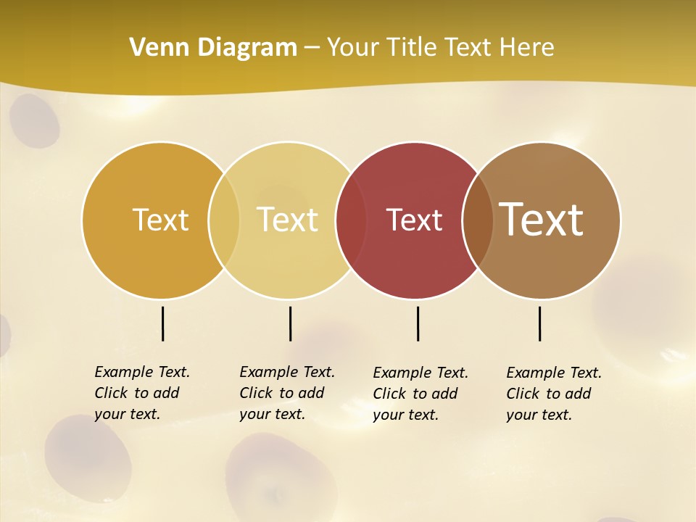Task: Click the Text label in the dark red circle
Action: [x=414, y=220]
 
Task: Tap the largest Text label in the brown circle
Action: [x=542, y=220]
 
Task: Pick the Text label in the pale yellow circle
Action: [x=287, y=220]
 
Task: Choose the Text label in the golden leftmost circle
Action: [x=160, y=220]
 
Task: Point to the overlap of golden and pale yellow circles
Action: [x=224, y=220]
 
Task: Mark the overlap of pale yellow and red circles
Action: [x=351, y=220]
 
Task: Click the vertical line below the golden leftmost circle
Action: [x=162, y=323]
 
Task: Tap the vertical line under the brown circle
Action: [x=539, y=323]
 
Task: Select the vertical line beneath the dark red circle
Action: [x=418, y=323]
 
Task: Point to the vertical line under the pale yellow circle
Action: [x=290, y=323]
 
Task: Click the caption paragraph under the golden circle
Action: [x=142, y=393]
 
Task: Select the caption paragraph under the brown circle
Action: [x=554, y=394]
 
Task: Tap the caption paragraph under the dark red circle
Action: [x=420, y=394]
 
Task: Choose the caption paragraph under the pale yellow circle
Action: [x=287, y=393]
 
